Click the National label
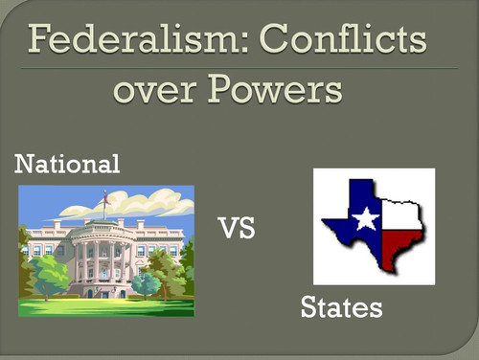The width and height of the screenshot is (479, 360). pyautogui.click(x=67, y=165)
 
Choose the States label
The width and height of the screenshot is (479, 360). pyautogui.click(x=341, y=308)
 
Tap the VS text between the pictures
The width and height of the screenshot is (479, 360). pyautogui.click(x=238, y=230)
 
